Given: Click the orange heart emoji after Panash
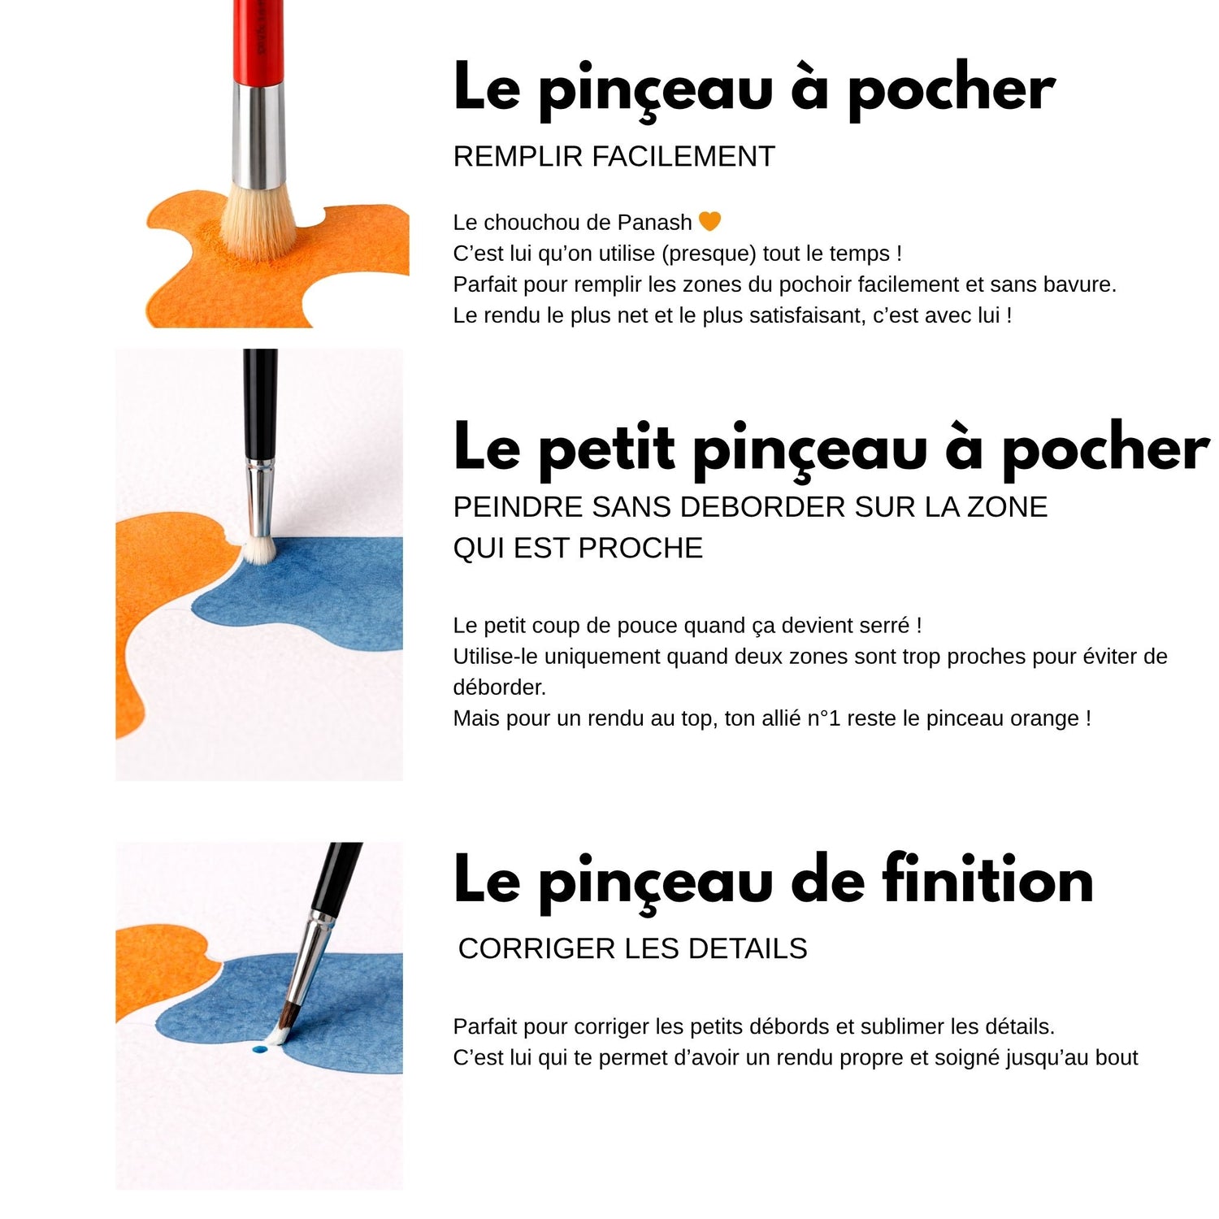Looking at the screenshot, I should point(709,221).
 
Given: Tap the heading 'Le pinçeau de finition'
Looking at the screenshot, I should point(773,880).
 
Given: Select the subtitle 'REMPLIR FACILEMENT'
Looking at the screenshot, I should point(614,156).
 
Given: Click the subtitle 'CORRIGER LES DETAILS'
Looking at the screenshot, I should point(632,948).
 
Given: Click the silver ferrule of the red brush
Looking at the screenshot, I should point(259,134).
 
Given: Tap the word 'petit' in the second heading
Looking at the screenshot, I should point(606,449).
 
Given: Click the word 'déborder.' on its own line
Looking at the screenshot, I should point(499,688).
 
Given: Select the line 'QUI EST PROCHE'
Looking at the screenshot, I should point(577,549).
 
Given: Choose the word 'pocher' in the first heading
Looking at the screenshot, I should point(951,89).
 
